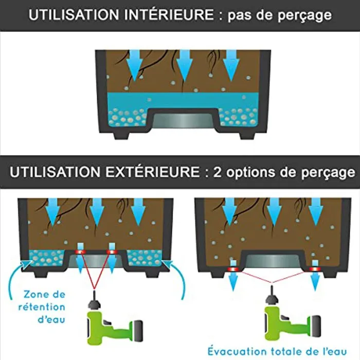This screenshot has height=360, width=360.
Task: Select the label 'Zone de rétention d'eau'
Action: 44,307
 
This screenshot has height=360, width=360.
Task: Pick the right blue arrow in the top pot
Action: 231,65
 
